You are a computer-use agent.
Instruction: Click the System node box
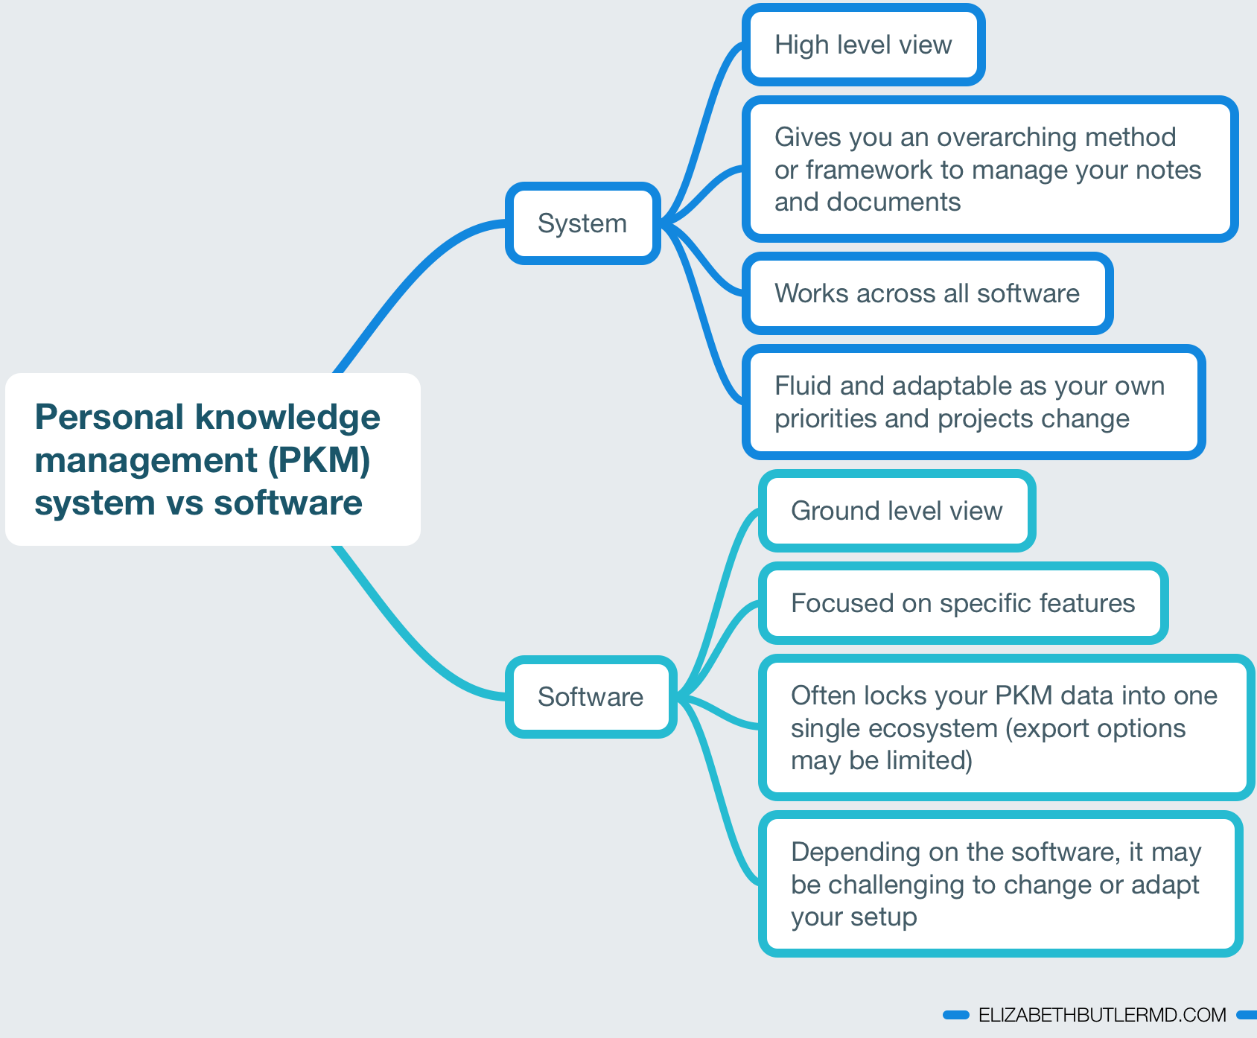pyautogui.click(x=583, y=223)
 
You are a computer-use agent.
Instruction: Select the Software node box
pyautogui.click(x=591, y=697)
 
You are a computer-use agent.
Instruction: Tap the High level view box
pyautogui.click(x=864, y=45)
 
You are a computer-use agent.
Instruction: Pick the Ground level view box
pyautogui.click(x=897, y=511)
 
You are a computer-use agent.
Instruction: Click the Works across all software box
pyautogui.click(x=928, y=293)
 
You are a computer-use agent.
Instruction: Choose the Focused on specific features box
pyautogui.click(x=964, y=603)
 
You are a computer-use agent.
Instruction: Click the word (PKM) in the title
pyautogui.click(x=319, y=460)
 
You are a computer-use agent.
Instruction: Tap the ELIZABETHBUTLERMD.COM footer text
pyautogui.click(x=1102, y=1015)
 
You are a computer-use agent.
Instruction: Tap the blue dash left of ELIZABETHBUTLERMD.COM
pyautogui.click(x=956, y=1015)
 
